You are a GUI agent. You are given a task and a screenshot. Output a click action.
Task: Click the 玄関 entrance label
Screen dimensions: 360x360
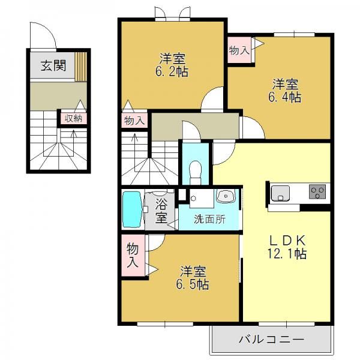[53, 65]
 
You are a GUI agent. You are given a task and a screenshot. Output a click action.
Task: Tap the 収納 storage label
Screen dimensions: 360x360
[73, 118]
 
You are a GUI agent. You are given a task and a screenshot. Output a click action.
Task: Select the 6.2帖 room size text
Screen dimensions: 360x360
[172, 72]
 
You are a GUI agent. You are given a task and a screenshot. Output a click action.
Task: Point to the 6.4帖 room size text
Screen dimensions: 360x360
[284, 97]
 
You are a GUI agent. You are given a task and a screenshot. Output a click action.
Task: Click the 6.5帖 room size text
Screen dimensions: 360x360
[193, 284]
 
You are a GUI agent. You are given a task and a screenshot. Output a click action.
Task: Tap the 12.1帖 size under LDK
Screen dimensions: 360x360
[287, 254]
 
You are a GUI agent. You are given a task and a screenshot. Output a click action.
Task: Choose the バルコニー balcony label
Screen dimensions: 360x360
[271, 340]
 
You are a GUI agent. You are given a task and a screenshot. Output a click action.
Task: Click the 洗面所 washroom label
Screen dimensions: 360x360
[209, 220]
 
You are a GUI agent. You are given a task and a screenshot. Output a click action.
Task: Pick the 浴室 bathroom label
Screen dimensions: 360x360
[161, 211]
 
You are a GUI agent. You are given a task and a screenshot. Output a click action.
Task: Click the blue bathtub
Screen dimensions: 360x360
[132, 209]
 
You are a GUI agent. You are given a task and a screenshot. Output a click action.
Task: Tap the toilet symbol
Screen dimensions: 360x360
[195, 172]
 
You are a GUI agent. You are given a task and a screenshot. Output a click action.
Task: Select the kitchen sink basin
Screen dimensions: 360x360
[280, 193]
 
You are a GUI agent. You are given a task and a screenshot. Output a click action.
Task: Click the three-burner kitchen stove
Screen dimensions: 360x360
[317, 191]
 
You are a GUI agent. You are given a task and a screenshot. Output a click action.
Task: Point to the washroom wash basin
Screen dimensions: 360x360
[226, 196]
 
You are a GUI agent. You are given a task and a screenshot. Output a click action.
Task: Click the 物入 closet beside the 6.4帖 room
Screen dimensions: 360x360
[239, 50]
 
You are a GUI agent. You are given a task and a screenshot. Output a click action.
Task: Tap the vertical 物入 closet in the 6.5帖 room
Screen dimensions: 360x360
[133, 255]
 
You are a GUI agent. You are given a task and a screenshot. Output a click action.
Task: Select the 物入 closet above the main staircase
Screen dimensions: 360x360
[134, 121]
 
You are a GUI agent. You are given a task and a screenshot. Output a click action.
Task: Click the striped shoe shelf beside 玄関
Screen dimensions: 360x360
[81, 67]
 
